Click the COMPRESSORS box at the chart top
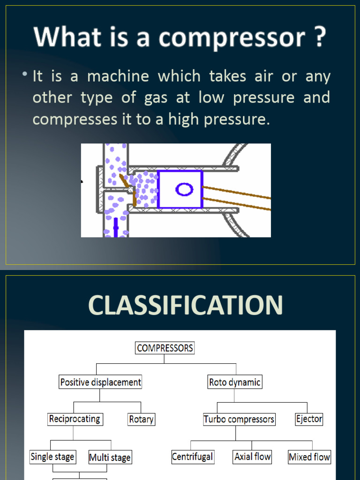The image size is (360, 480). point(165,348)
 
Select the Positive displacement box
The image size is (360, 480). point(100,382)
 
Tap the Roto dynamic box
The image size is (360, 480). point(234,382)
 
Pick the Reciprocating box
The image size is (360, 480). point(75,419)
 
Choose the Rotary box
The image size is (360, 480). point(141,419)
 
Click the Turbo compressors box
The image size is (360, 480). point(239,419)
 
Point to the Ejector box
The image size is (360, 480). point(309,419)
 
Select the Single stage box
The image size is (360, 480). point(52,457)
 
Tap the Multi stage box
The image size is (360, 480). point(110,457)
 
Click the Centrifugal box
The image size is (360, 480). point(193,457)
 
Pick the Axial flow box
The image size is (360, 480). point(253,457)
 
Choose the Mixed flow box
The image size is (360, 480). point(309,457)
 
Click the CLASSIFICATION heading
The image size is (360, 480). point(185,305)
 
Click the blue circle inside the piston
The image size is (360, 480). point(184,189)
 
